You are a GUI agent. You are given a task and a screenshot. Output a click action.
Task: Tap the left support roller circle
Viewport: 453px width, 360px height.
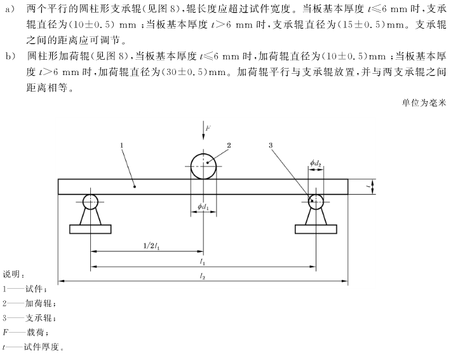91,202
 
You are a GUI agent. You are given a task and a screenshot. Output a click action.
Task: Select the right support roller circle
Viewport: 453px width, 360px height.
316,202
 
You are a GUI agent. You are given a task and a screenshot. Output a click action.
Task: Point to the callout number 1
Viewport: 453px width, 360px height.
120,146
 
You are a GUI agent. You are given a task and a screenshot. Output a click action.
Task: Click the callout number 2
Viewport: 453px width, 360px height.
229,145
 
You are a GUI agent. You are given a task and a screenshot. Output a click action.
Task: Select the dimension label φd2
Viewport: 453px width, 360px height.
316,164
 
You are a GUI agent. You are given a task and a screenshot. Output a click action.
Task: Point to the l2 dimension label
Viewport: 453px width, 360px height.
202,275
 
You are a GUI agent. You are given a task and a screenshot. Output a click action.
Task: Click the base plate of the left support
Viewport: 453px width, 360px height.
90,228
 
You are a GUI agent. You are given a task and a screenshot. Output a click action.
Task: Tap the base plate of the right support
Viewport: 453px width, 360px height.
316,228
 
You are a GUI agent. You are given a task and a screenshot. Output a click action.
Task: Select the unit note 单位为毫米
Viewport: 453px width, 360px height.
425,102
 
